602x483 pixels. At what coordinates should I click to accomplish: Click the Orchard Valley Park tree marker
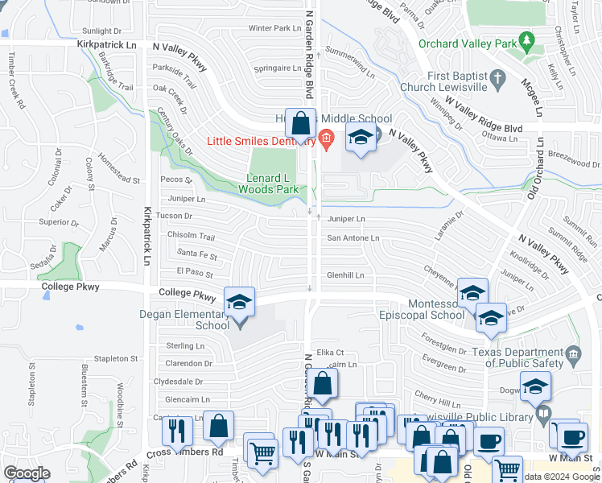click(527, 39)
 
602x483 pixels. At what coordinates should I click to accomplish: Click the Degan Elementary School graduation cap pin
click(239, 303)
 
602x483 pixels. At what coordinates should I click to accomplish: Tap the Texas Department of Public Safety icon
click(573, 353)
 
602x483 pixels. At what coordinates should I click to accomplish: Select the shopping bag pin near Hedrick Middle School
click(301, 124)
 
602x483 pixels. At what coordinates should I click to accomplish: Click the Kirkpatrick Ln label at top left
click(107, 46)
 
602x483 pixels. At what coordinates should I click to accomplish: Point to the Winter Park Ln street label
click(274, 28)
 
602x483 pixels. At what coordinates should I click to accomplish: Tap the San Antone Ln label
click(353, 238)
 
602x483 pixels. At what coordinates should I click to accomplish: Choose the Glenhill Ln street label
click(344, 275)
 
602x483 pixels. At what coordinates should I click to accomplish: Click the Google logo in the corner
click(27, 473)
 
